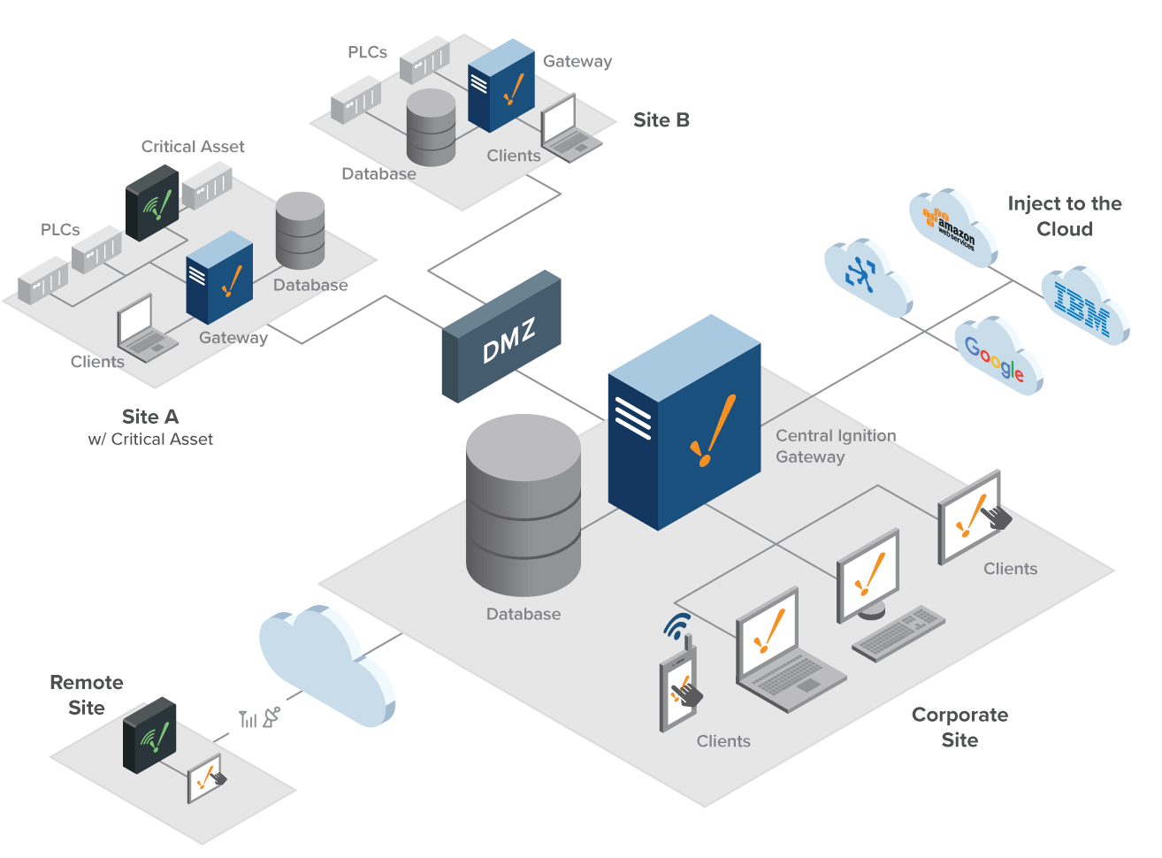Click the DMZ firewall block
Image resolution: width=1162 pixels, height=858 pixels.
(x=501, y=337)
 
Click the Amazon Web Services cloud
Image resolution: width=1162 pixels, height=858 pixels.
(x=952, y=226)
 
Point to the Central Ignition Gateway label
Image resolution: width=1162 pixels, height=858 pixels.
(x=834, y=446)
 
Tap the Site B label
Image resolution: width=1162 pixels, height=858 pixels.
(x=661, y=120)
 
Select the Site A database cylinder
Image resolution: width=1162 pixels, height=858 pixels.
(x=301, y=230)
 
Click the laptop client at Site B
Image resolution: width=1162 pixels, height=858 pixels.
(x=568, y=130)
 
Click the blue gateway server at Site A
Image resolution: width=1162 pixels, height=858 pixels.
(x=219, y=277)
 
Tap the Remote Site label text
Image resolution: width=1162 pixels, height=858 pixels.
(x=86, y=694)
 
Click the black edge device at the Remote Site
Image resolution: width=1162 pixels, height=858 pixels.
(x=149, y=734)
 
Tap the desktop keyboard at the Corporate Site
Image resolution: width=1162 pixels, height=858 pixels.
(x=898, y=633)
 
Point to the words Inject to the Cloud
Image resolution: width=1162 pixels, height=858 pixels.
(x=1064, y=216)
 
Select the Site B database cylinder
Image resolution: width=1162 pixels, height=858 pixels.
(x=431, y=127)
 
